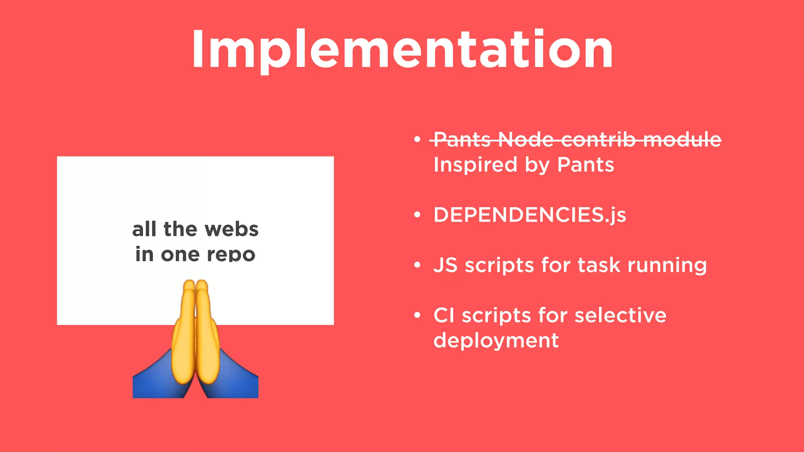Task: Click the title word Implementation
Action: pos(402,50)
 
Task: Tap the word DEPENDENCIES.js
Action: pos(530,215)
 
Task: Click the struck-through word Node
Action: pos(526,140)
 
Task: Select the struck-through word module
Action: pos(682,140)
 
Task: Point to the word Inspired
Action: pos(475,165)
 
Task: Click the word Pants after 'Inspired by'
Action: pos(585,165)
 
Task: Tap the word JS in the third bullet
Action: pos(445,265)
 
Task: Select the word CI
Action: pos(444,315)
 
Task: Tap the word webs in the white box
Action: pos(232,229)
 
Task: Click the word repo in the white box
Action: pos(231,255)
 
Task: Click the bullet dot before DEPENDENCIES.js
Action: pos(417,215)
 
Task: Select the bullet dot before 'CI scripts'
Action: pos(417,315)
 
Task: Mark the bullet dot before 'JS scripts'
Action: pos(417,265)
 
